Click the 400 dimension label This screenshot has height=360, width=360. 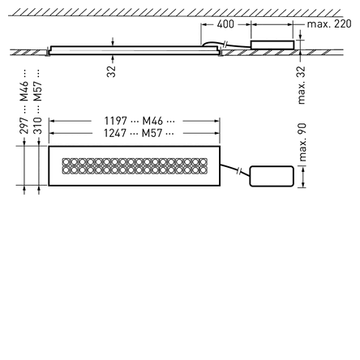pyautogui.click(x=225, y=24)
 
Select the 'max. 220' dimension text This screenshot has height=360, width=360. pyautogui.click(x=329, y=24)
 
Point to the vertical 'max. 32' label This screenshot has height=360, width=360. pyautogui.click(x=301, y=85)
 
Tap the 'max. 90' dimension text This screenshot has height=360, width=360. pyautogui.click(x=302, y=143)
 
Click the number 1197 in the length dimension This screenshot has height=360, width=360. pyautogui.click(x=115, y=121)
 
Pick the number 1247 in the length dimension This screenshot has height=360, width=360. pyautogui.click(x=115, y=133)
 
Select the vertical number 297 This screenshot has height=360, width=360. pyautogui.click(x=24, y=126)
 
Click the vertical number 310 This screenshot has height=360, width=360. pyautogui.click(x=37, y=126)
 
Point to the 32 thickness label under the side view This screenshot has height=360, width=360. pyautogui.click(x=111, y=71)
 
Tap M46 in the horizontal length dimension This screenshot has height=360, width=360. pyautogui.click(x=152, y=121)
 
